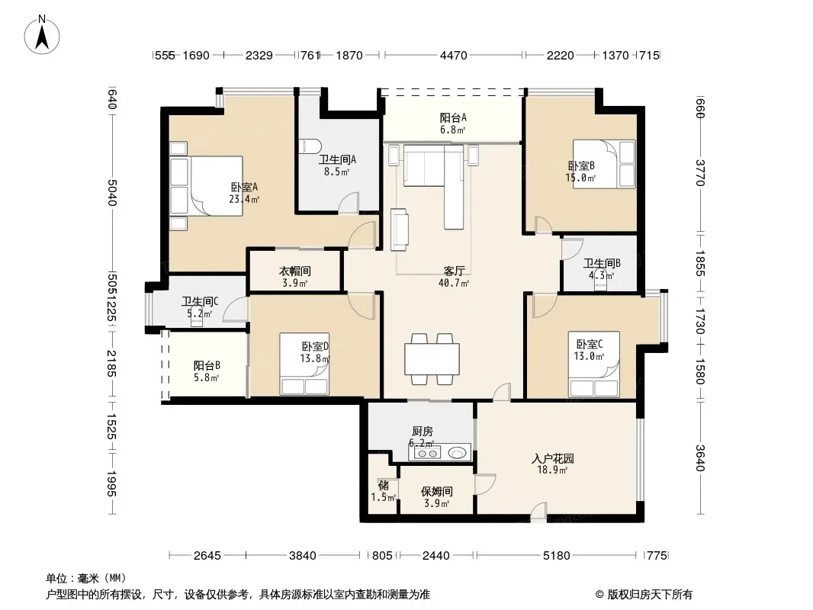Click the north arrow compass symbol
coord(42,35)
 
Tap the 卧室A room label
coord(244,187)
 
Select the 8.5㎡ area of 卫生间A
coord(336,172)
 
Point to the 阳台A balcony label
coord(453,117)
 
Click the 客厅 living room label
coord(455,271)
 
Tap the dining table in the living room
coord(432,359)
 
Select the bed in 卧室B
coord(604,164)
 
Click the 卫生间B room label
coord(602,263)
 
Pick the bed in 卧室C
coord(593,364)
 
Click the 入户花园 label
coord(553,459)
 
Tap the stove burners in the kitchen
coord(427,454)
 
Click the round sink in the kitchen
coord(457,454)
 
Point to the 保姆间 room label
coord(436,491)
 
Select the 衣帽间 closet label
coord(295,271)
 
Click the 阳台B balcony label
coord(207,366)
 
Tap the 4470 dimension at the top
coord(454,55)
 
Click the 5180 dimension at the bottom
coord(556,556)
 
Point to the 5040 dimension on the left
coord(112,192)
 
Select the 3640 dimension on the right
coord(700,458)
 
